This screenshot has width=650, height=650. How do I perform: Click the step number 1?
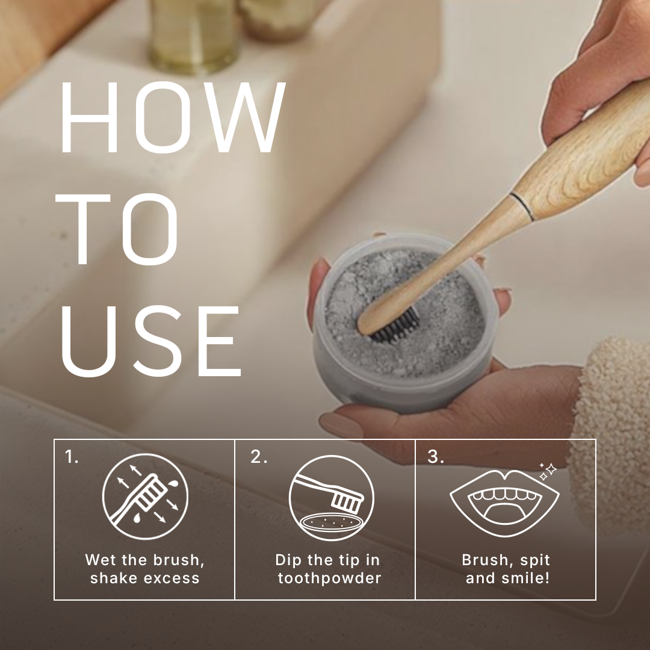coord(72,457)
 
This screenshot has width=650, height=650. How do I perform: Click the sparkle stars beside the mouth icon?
coord(547,471)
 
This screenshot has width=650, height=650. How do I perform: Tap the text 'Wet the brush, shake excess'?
coord(144,569)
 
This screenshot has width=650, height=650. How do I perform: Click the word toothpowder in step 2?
coord(329,578)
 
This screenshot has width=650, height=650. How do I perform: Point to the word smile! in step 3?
coord(530,578)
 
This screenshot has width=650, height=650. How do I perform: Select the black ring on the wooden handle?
coord(521,205)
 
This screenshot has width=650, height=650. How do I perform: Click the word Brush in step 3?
coord(481,560)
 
